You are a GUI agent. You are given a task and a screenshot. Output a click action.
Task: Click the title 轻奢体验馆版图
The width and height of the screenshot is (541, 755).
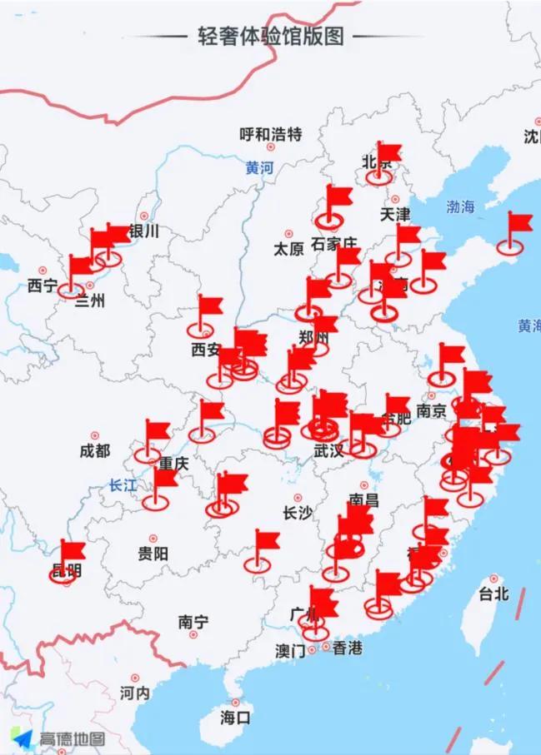(271, 37)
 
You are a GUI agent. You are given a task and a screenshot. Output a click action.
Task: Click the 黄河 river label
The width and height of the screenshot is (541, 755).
(259, 167)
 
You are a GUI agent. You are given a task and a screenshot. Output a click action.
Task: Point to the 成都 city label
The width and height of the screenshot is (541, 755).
(94, 450)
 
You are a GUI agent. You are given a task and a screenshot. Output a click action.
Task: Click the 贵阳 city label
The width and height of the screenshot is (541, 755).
(153, 553)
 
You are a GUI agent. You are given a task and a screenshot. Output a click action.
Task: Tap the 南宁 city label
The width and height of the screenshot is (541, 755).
(193, 622)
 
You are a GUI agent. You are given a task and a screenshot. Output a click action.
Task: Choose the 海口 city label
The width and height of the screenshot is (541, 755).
(235, 716)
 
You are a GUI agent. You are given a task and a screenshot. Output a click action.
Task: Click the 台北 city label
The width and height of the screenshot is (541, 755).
(493, 594)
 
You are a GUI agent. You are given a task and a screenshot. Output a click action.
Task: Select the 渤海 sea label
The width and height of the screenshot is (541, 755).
(459, 207)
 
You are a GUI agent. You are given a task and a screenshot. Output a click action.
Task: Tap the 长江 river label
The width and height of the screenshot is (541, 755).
(123, 486)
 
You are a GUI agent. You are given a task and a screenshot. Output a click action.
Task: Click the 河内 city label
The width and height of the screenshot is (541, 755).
(134, 692)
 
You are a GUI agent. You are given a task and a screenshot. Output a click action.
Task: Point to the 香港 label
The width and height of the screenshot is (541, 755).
(347, 648)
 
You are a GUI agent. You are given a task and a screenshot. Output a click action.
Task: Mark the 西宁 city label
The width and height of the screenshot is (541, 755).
(42, 286)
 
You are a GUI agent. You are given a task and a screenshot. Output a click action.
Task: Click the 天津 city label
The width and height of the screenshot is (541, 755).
(395, 214)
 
